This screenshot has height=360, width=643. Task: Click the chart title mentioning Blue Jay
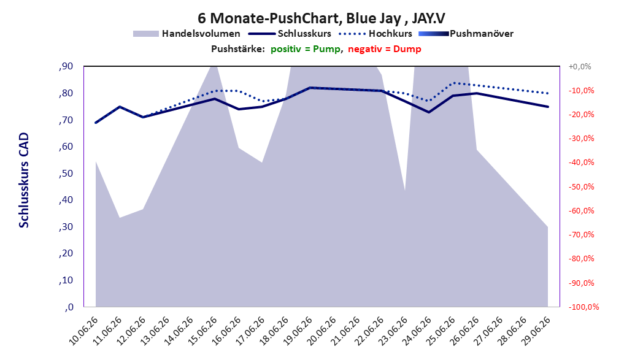click(x=321, y=18)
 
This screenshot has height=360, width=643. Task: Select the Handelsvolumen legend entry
click(x=187, y=34)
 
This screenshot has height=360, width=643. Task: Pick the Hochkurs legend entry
click(x=375, y=34)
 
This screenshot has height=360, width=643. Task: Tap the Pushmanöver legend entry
click(x=466, y=34)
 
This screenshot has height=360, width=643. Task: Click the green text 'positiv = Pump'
click(x=305, y=49)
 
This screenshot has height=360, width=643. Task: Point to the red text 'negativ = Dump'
click(x=385, y=49)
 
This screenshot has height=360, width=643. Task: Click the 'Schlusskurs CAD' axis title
click(x=24, y=180)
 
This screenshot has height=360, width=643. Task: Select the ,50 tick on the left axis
click(x=66, y=174)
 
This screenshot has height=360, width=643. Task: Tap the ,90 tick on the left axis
click(x=66, y=66)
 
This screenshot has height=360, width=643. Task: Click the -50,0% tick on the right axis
click(x=582, y=186)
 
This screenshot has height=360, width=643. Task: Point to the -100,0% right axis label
click(x=583, y=307)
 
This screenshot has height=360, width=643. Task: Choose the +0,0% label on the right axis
click(x=580, y=66)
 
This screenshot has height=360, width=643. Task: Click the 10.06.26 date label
click(x=83, y=331)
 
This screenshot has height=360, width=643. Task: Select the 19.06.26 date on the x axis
click(x=298, y=331)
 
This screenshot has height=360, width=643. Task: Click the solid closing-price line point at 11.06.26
click(x=119, y=107)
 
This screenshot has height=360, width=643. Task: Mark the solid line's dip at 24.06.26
click(x=429, y=112)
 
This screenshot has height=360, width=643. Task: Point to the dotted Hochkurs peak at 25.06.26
click(x=453, y=83)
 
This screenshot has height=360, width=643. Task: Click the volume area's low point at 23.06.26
click(x=405, y=191)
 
